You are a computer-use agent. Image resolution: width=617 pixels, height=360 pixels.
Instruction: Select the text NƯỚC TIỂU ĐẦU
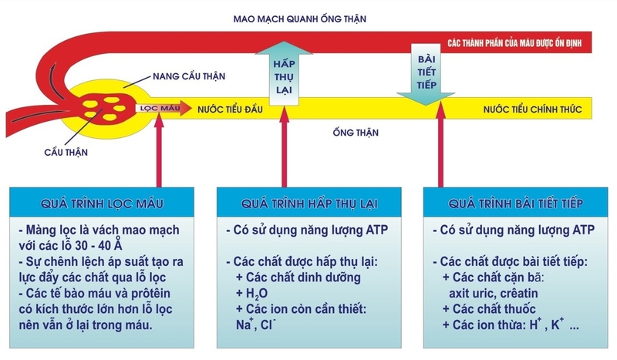[231, 109]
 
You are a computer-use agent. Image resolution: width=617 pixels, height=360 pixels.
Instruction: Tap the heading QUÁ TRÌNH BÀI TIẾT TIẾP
[514, 203]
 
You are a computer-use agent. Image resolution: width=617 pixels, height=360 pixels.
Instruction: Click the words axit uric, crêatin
[495, 294]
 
